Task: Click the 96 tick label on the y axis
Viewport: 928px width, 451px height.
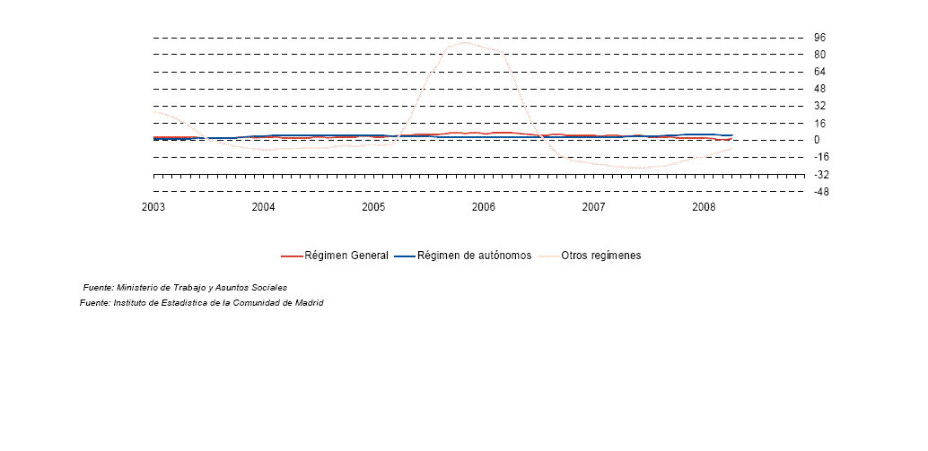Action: [819, 38]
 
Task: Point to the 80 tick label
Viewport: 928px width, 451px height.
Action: [819, 55]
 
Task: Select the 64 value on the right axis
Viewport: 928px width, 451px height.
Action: [819, 72]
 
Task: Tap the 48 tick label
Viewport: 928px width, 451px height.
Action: [819, 89]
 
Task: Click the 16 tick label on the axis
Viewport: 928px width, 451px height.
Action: [819, 123]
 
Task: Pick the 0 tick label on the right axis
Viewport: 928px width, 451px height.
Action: [818, 140]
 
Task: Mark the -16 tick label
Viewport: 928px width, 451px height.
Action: [821, 157]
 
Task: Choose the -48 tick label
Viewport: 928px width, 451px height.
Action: [821, 192]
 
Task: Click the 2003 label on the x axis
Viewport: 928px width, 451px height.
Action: [153, 207]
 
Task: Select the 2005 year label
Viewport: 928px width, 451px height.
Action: [373, 207]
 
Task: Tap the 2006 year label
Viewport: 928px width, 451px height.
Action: [484, 207]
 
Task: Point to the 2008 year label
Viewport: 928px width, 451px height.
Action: [704, 207]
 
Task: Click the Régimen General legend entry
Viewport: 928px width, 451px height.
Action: [335, 256]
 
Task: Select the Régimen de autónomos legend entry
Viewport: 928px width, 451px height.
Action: [463, 256]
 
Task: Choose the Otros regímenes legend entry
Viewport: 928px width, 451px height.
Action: [589, 256]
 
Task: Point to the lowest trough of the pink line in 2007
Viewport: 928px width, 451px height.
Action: [636, 168]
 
